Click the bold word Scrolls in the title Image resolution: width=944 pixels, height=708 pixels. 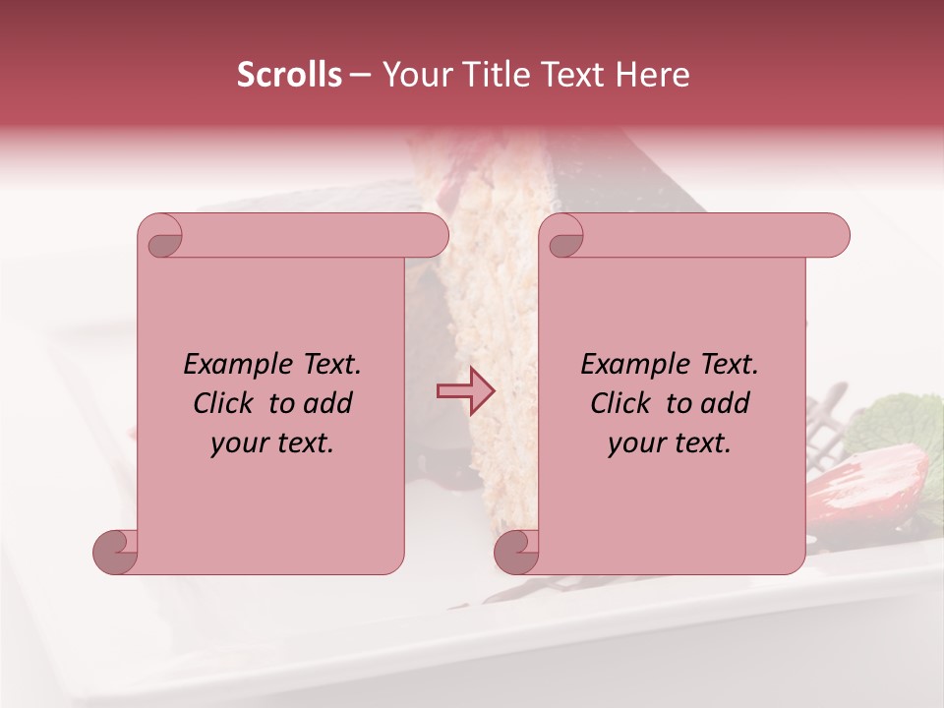point(289,75)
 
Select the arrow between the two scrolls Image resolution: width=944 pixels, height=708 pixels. point(465,391)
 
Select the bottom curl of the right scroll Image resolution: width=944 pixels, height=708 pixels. point(515,552)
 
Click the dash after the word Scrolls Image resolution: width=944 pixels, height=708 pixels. point(361,76)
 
